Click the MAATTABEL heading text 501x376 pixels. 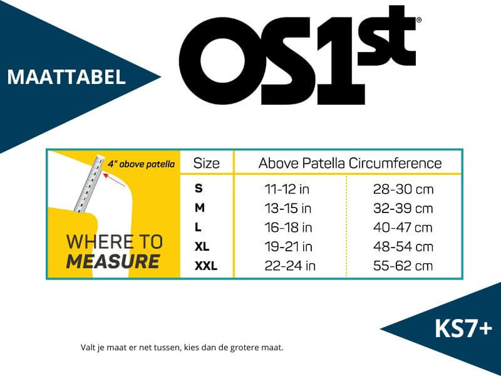[66, 77]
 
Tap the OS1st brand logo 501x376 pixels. [300, 56]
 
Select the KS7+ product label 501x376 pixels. [463, 328]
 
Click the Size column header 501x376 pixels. [207, 164]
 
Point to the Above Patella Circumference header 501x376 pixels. [350, 163]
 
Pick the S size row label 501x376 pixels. [199, 189]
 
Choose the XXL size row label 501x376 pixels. [206, 266]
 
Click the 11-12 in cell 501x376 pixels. [287, 189]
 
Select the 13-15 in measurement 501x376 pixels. [288, 209]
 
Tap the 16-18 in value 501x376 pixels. [288, 227]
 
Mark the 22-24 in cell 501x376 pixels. [290, 266]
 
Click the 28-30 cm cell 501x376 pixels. [403, 189]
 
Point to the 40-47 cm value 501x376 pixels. [403, 227]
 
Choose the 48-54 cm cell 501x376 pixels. [403, 247]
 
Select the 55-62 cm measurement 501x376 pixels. [403, 266]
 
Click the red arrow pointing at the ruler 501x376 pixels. [114, 180]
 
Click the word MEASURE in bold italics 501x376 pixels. [113, 261]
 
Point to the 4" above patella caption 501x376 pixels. [142, 164]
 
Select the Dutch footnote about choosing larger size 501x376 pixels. [182, 348]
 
